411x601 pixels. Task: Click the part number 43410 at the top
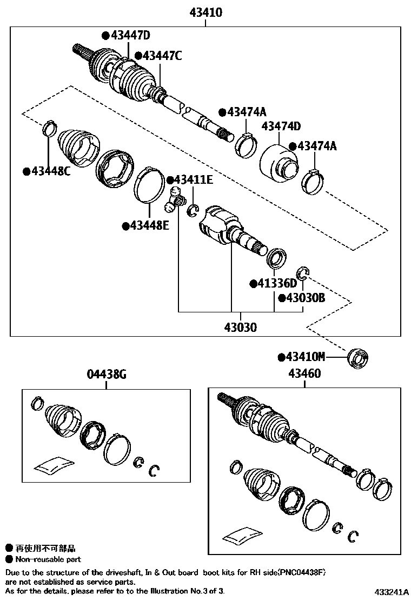(x=205, y=12)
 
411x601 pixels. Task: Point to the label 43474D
(x=281, y=126)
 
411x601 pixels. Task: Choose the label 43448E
(x=145, y=225)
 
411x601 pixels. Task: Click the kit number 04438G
(x=107, y=374)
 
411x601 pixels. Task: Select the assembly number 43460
(x=304, y=373)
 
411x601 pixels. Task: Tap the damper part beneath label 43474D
(x=279, y=161)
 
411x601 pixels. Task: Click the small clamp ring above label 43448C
(x=50, y=129)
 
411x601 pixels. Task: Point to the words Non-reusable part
(x=48, y=559)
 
